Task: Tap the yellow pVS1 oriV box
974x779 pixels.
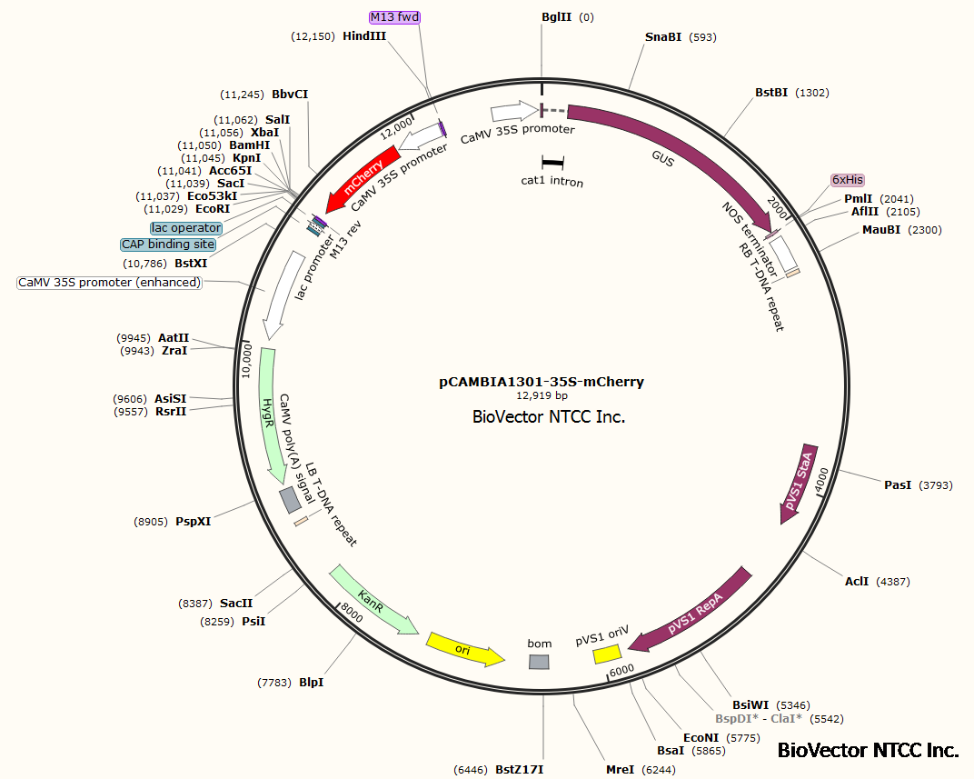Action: tap(606, 654)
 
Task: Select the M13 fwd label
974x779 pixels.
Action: tap(394, 17)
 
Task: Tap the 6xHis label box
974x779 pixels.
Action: tap(848, 180)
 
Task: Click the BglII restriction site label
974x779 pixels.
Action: tap(556, 17)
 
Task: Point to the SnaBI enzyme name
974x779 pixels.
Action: tap(662, 37)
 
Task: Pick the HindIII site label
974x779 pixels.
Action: tap(364, 36)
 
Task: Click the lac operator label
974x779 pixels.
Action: tap(186, 227)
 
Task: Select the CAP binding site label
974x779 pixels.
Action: tap(168, 245)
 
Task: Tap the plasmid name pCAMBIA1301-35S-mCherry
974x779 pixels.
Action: tap(542, 382)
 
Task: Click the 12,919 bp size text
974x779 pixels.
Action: tap(542, 396)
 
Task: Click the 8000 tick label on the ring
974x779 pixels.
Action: tap(352, 616)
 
